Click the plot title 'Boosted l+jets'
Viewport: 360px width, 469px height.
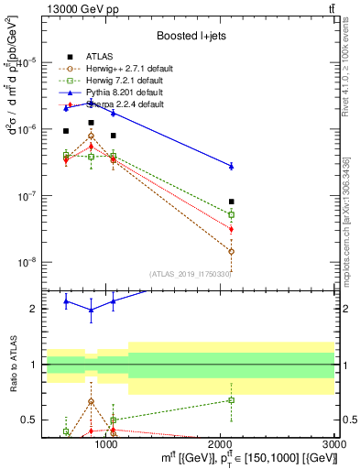(192, 36)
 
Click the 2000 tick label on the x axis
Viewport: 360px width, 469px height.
(222, 445)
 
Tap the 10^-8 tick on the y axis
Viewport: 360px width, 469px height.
(29, 263)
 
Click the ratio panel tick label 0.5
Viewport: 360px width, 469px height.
(30, 420)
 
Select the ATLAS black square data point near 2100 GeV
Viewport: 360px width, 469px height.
(232, 202)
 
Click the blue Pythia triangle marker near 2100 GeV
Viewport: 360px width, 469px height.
(232, 166)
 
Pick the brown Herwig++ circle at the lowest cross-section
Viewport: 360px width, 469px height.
(232, 251)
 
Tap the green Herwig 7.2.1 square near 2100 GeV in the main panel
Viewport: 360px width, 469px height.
(232, 214)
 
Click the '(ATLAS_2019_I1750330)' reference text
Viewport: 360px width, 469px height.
(191, 273)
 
